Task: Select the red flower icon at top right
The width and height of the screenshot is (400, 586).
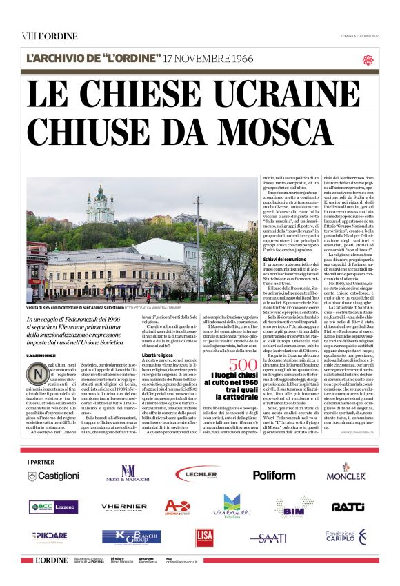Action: point(368,59)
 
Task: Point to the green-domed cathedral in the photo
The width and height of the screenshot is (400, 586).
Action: point(100,207)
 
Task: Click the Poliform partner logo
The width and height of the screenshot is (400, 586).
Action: point(274,475)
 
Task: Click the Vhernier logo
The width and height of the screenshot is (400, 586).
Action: point(124,507)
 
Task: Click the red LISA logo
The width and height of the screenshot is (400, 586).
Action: point(203,537)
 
